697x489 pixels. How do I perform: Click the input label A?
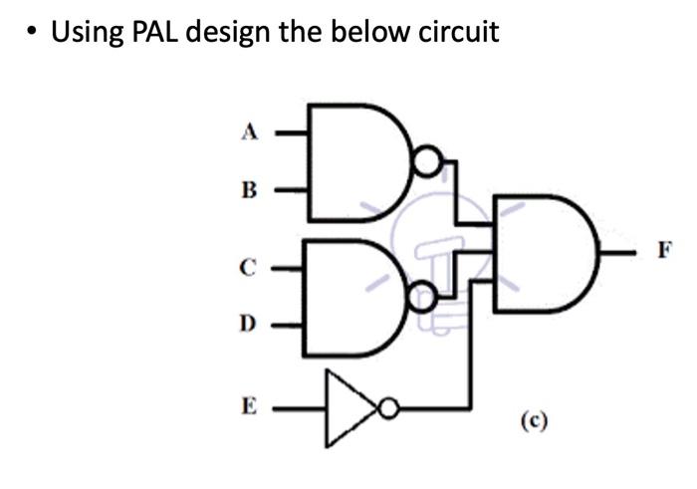click(x=251, y=130)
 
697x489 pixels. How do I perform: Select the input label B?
click(x=251, y=189)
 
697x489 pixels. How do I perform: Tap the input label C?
click(x=249, y=267)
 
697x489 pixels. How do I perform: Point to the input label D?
click(x=249, y=324)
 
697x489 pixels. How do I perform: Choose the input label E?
click(x=249, y=406)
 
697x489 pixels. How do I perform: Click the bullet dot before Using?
click(x=33, y=32)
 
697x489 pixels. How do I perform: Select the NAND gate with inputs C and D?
click(x=353, y=297)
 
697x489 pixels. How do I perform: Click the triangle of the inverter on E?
click(x=349, y=407)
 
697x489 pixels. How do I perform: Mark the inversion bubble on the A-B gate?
click(x=426, y=161)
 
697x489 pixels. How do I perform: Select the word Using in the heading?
click(x=87, y=33)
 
